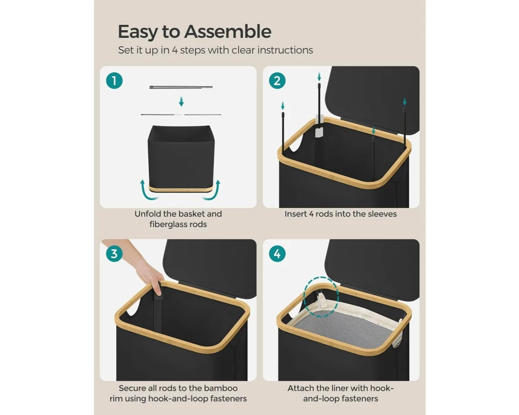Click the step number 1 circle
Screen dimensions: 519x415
tap(114, 81)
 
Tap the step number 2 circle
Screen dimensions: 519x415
tap(277, 81)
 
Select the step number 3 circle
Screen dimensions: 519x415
tap(114, 254)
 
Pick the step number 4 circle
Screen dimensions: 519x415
tap(277, 254)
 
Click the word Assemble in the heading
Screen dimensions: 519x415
tap(228, 32)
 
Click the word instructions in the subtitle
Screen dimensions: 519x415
tap(285, 50)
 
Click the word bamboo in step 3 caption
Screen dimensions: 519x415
tap(221, 388)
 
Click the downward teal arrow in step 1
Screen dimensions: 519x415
tap(181, 101)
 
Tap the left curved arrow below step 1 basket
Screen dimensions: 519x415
tap(146, 191)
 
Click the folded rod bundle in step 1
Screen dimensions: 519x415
tap(181, 87)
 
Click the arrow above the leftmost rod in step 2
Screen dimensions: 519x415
tap(282, 106)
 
